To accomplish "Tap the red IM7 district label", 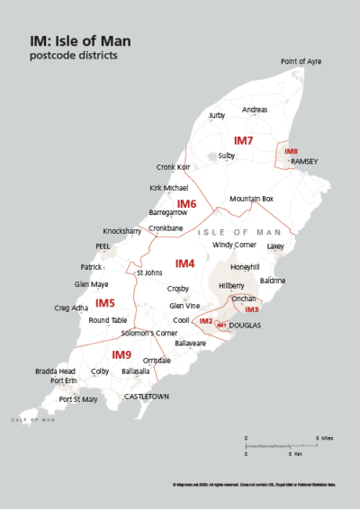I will pyautogui.click(x=243, y=141).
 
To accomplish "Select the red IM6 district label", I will pyautogui.click(x=186, y=204).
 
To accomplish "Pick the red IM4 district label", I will pyautogui.click(x=184, y=263).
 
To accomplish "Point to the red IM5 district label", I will pyautogui.click(x=105, y=303).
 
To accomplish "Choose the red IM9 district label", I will pyautogui.click(x=121, y=354).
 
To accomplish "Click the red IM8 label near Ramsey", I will pyautogui.click(x=291, y=152).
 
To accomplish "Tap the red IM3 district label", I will pyautogui.click(x=252, y=309).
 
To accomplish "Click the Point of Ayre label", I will pyautogui.click(x=301, y=61).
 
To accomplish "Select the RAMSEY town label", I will pyautogui.click(x=305, y=161).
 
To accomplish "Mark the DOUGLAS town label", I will pyautogui.click(x=245, y=325).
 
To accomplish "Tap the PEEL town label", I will pyautogui.click(x=103, y=246).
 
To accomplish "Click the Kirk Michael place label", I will pyautogui.click(x=168, y=188).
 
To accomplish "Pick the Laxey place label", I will pyautogui.click(x=275, y=246).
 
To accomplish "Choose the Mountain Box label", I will pyautogui.click(x=251, y=198).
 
